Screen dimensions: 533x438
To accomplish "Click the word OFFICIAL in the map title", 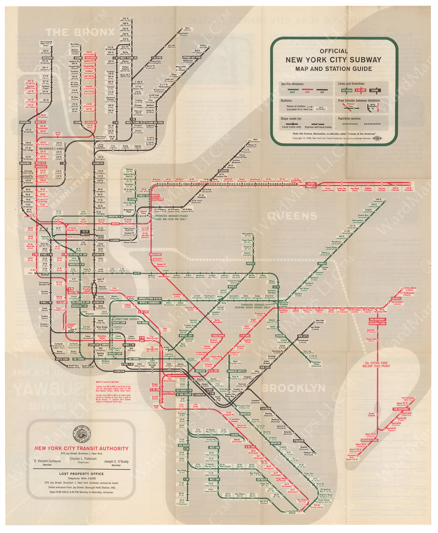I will tap(334, 51).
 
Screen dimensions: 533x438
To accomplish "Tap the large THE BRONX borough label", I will tap(80, 32).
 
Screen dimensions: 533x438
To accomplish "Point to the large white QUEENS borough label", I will tap(292, 216).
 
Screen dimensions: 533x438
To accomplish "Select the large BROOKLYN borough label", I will tap(293, 388).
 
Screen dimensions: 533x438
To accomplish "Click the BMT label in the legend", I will tap(292, 92).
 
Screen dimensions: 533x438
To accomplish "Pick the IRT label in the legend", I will tap(322, 92).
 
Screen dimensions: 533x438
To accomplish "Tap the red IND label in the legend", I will tap(307, 92).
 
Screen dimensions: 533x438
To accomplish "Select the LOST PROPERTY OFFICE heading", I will tap(82, 474).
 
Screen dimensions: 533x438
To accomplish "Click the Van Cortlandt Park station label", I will tap(46, 43).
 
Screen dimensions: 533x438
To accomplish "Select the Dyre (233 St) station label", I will tap(187, 29).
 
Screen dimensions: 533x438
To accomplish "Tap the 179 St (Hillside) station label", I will tap(409, 189).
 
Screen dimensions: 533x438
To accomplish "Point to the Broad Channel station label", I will tap(371, 414).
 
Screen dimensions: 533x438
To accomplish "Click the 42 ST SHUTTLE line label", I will tap(85, 233).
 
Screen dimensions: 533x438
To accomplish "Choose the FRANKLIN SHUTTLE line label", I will tap(237, 371).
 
